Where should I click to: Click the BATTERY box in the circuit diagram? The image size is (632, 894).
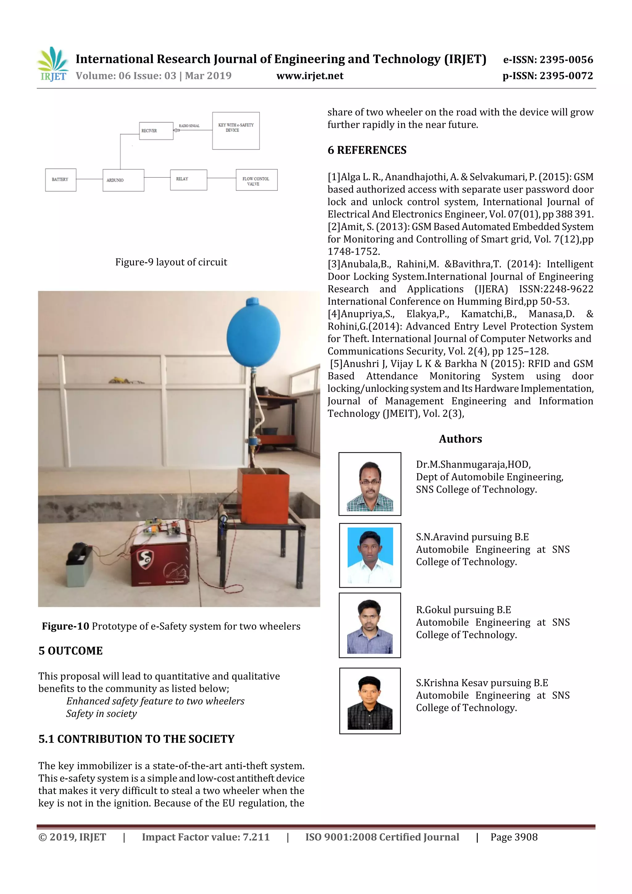click(x=60, y=180)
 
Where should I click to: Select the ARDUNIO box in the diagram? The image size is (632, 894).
click(x=123, y=180)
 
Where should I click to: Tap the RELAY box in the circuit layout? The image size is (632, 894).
click(x=189, y=180)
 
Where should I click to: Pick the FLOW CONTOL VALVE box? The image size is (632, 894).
click(x=256, y=180)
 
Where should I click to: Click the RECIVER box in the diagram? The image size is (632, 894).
click(x=156, y=131)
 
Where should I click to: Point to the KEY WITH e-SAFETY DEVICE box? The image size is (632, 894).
click(x=235, y=131)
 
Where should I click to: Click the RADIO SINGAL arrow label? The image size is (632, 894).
click(x=189, y=126)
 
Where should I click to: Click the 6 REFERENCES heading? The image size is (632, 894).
click(x=367, y=150)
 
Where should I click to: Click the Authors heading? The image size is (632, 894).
click(x=460, y=439)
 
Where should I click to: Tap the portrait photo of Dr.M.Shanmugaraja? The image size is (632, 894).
click(x=370, y=484)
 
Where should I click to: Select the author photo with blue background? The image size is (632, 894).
click(x=370, y=555)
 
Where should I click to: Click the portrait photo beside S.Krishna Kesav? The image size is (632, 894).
click(x=370, y=701)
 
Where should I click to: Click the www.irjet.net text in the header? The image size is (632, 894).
click(x=310, y=76)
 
